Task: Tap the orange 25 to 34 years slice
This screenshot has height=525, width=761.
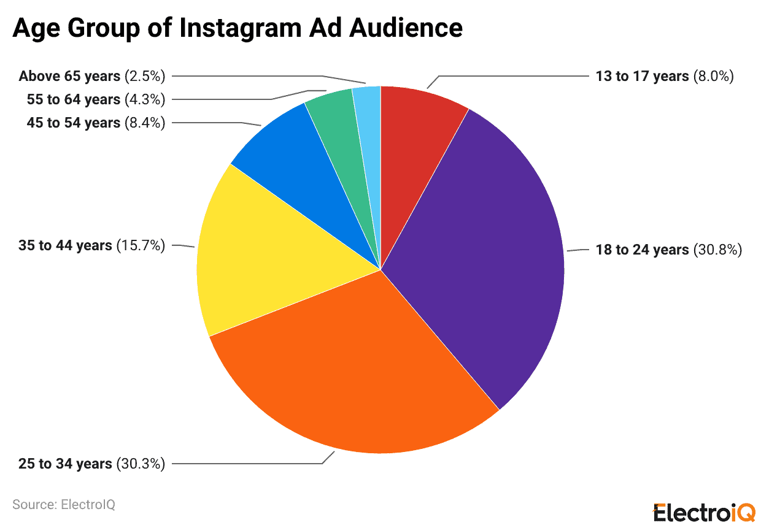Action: coord(362,374)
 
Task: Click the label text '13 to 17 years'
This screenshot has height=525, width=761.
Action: coord(642,76)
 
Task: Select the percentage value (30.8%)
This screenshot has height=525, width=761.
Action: coord(718,250)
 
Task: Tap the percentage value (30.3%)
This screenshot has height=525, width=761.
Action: coord(141,464)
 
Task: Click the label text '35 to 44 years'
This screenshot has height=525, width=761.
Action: coord(65,245)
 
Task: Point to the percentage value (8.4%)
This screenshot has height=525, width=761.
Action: coord(145,123)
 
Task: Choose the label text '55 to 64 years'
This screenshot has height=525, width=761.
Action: coord(73,99)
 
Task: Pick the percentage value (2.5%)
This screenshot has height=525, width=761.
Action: coord(145,76)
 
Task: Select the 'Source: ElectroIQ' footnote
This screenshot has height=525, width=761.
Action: coord(64,505)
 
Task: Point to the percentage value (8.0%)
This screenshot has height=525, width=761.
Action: coord(714,76)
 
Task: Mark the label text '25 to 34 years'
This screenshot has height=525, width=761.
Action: coord(65,464)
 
